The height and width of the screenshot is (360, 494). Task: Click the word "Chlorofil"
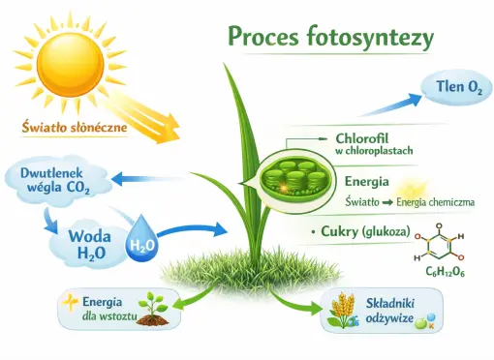362,136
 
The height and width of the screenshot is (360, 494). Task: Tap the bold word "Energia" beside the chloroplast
366,181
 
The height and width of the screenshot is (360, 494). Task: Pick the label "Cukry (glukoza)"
362,231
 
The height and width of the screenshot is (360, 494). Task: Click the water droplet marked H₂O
142,246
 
